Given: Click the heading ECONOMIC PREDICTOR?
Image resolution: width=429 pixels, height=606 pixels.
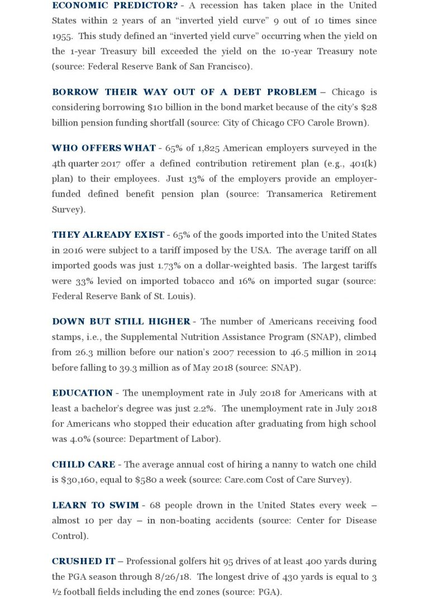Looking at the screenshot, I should point(115,5).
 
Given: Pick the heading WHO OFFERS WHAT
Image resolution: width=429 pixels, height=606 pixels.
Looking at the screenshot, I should point(104,148).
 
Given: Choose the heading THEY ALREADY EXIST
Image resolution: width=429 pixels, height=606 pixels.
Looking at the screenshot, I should point(108,235).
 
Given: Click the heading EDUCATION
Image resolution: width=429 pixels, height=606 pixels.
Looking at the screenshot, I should point(82,393).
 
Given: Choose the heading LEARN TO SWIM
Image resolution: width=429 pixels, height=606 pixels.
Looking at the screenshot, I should point(96,506).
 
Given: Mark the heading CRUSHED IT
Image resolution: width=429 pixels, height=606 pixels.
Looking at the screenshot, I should point(84,561).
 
